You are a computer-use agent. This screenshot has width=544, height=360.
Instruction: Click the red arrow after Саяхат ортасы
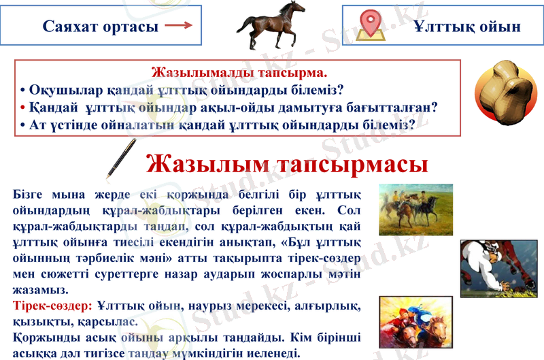[179, 26]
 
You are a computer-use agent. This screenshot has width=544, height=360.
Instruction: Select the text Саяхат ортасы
[100, 27]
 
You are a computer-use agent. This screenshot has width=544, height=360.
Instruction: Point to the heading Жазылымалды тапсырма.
[240, 71]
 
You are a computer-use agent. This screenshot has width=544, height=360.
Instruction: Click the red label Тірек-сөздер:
[52, 307]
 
